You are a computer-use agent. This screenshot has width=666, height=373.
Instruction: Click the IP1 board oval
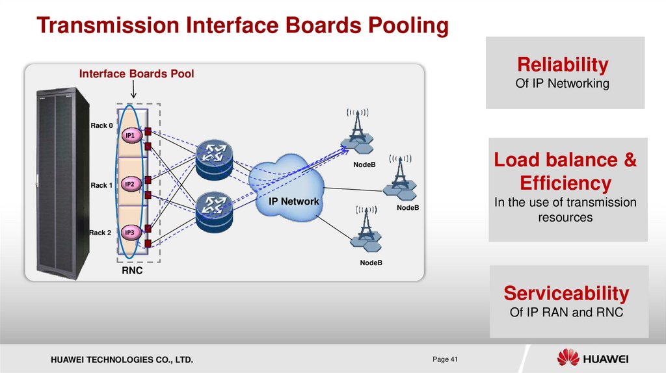point(130,135)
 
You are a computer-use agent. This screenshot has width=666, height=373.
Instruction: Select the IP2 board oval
point(130,185)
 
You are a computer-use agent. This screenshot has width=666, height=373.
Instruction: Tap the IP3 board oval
point(130,233)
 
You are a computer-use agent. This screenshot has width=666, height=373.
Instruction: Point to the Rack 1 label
point(101,185)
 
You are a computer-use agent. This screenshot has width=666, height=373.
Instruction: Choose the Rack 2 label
point(100,233)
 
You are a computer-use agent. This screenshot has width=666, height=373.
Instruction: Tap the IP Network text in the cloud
point(295,201)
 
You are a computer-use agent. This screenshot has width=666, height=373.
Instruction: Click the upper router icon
point(214,158)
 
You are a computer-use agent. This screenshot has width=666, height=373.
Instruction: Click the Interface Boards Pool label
point(137,74)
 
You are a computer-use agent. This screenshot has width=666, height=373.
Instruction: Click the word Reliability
point(563,65)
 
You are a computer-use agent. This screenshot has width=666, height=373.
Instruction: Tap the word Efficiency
point(565,182)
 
